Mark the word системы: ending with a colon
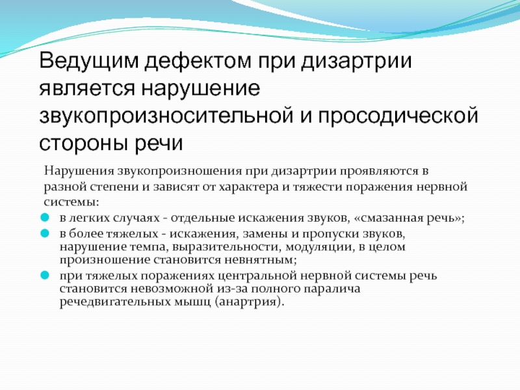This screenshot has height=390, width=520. [x=68, y=201]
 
